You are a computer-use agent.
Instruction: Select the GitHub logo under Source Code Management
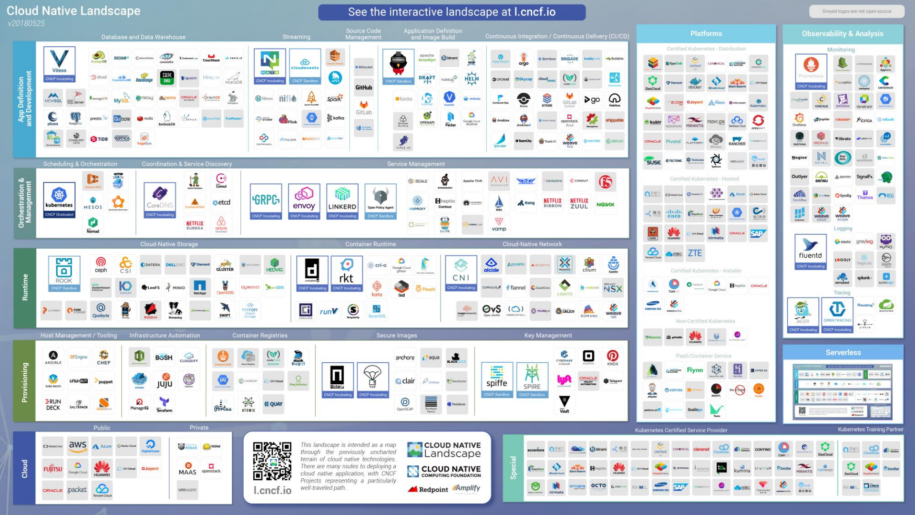(364, 88)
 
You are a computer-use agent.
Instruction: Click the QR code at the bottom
(272, 461)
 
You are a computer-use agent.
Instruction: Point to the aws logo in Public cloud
(78, 446)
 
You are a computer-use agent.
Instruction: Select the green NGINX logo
(605, 205)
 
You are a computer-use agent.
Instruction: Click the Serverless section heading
(843, 353)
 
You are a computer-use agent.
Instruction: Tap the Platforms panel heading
(706, 34)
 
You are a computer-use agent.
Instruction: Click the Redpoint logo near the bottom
(428, 489)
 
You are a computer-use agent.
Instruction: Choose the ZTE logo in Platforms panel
(694, 253)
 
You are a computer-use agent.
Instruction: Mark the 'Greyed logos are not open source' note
(856, 11)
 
